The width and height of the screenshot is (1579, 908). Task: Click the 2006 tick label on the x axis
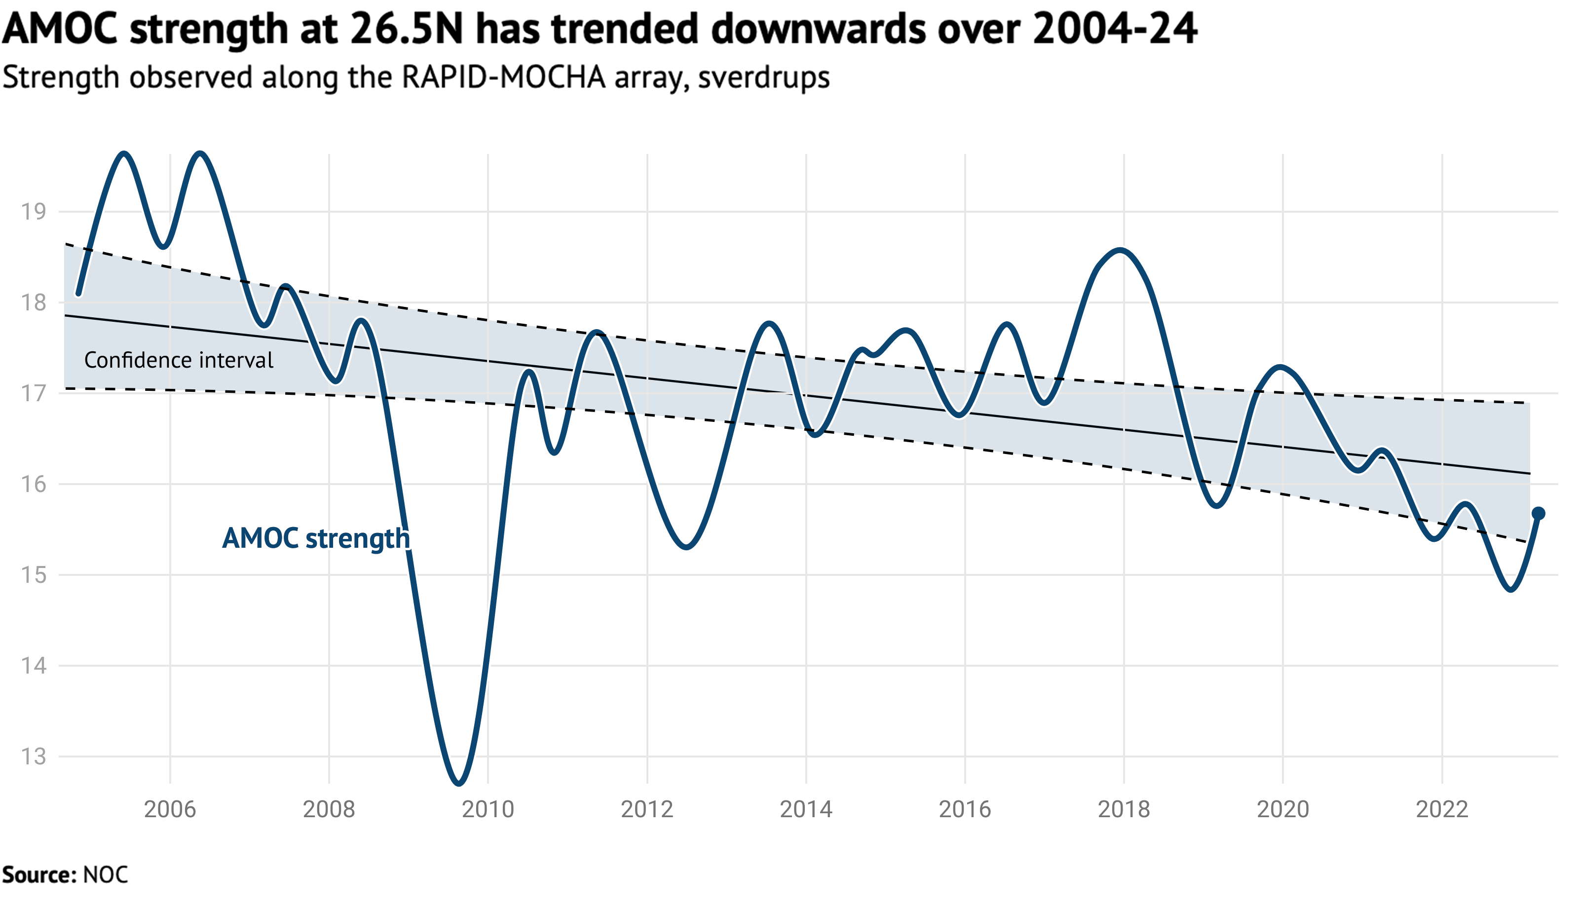click(x=170, y=809)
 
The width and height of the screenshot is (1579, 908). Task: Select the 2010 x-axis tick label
click(x=488, y=809)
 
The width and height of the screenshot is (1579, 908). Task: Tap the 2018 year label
click(x=1124, y=809)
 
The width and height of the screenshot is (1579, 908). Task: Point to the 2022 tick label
click(x=1441, y=809)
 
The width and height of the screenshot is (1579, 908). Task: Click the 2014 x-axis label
click(x=805, y=809)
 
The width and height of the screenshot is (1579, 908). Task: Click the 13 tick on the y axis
click(x=34, y=757)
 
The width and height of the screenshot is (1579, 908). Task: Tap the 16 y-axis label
click(x=34, y=485)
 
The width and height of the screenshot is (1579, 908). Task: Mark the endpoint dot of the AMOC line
click(x=1539, y=513)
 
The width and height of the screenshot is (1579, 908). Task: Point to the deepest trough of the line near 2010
click(x=459, y=782)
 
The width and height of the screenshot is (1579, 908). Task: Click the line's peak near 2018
click(x=1121, y=251)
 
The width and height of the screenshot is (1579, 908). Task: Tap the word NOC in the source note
click(x=106, y=875)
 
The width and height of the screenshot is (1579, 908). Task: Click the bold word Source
click(x=38, y=875)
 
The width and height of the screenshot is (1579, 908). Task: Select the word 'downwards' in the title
click(x=819, y=29)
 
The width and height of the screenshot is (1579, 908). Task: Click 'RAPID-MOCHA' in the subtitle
click(x=504, y=77)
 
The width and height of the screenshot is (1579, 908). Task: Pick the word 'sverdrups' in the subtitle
click(x=764, y=77)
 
